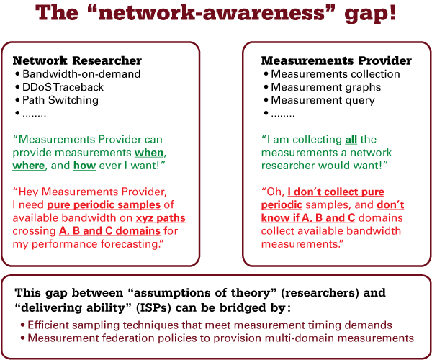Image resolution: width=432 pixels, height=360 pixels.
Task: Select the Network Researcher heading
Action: [77, 60]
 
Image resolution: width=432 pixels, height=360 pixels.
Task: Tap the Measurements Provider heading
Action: [336, 60]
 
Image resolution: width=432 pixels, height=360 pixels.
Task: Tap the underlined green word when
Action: [149, 153]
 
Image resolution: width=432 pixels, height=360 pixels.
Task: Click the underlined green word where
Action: [28, 166]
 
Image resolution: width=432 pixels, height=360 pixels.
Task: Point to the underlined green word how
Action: [84, 166]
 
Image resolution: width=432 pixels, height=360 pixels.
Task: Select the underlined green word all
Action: [351, 140]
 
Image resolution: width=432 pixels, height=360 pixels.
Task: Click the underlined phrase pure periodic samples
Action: [104, 205]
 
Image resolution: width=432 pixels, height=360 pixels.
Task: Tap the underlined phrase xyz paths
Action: [161, 218]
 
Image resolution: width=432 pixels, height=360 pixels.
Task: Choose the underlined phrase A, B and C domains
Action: [109, 231]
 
